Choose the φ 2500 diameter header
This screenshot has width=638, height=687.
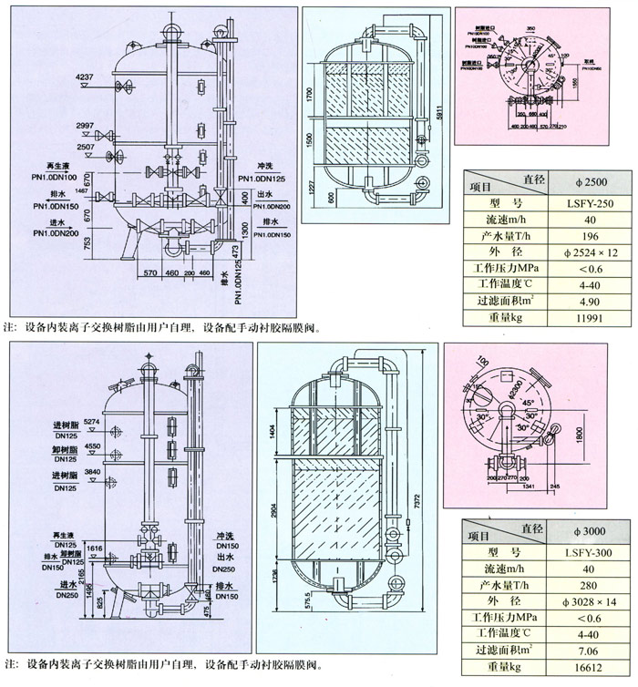click(x=577, y=179)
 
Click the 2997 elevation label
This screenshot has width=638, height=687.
click(x=85, y=124)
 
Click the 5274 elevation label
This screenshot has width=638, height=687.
click(x=91, y=422)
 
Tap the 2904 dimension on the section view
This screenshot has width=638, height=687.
click(x=274, y=514)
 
